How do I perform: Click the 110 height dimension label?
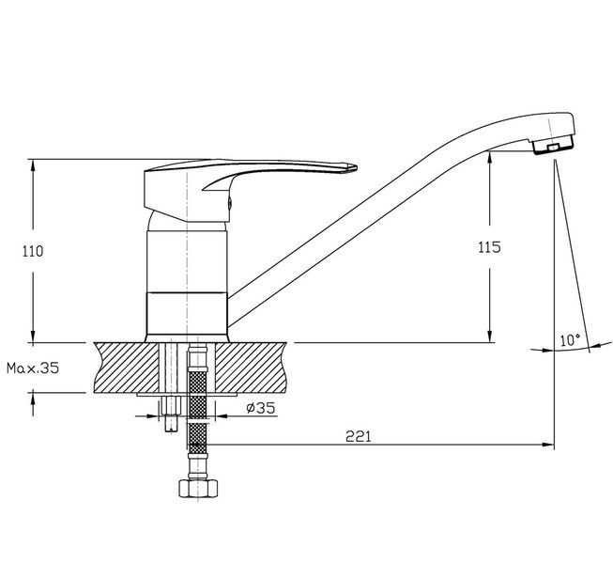tap(33, 251)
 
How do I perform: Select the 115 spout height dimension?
tap(489, 247)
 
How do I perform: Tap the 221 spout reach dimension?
tap(358, 436)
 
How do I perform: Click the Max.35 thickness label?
tap(33, 368)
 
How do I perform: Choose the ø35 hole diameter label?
tap(261, 408)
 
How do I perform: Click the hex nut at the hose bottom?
tap(198, 489)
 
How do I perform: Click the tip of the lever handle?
tap(356, 167)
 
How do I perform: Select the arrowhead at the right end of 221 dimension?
tap(548, 445)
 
